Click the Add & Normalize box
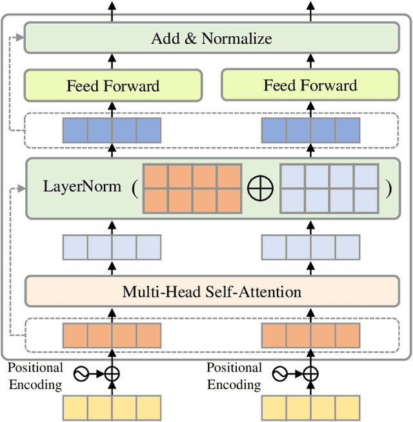(211, 38)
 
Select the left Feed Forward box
(113, 86)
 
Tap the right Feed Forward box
(310, 86)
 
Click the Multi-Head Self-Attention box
(211, 291)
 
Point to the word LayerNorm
(82, 187)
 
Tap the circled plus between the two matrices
(260, 188)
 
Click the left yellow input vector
(112, 408)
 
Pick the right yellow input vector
(310, 408)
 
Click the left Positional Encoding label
(35, 376)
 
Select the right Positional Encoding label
(234, 376)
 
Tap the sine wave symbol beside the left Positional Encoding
(81, 374)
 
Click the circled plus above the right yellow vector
(311, 374)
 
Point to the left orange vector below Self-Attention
(112, 336)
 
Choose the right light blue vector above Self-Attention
(310, 247)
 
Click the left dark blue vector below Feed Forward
(112, 130)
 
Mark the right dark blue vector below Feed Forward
(310, 130)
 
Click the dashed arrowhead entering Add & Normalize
(21, 37)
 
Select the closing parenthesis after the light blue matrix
(388, 188)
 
